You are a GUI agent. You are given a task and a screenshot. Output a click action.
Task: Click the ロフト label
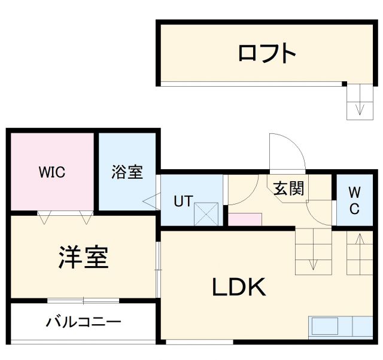[x=267, y=53]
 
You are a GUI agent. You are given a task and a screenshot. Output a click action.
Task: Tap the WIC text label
[x=52, y=173]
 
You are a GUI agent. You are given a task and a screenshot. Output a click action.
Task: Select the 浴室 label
[x=127, y=172]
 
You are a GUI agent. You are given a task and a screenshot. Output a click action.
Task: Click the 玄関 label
[x=289, y=188]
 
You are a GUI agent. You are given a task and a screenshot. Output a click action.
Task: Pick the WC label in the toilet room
[x=354, y=200]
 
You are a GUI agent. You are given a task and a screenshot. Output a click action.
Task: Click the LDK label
[x=239, y=288]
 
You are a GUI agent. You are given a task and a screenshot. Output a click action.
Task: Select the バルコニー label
[x=84, y=322]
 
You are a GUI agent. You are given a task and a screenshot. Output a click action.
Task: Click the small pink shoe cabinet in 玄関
[x=245, y=219]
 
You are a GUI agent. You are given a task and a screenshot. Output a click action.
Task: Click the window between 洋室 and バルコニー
[x=84, y=300]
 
